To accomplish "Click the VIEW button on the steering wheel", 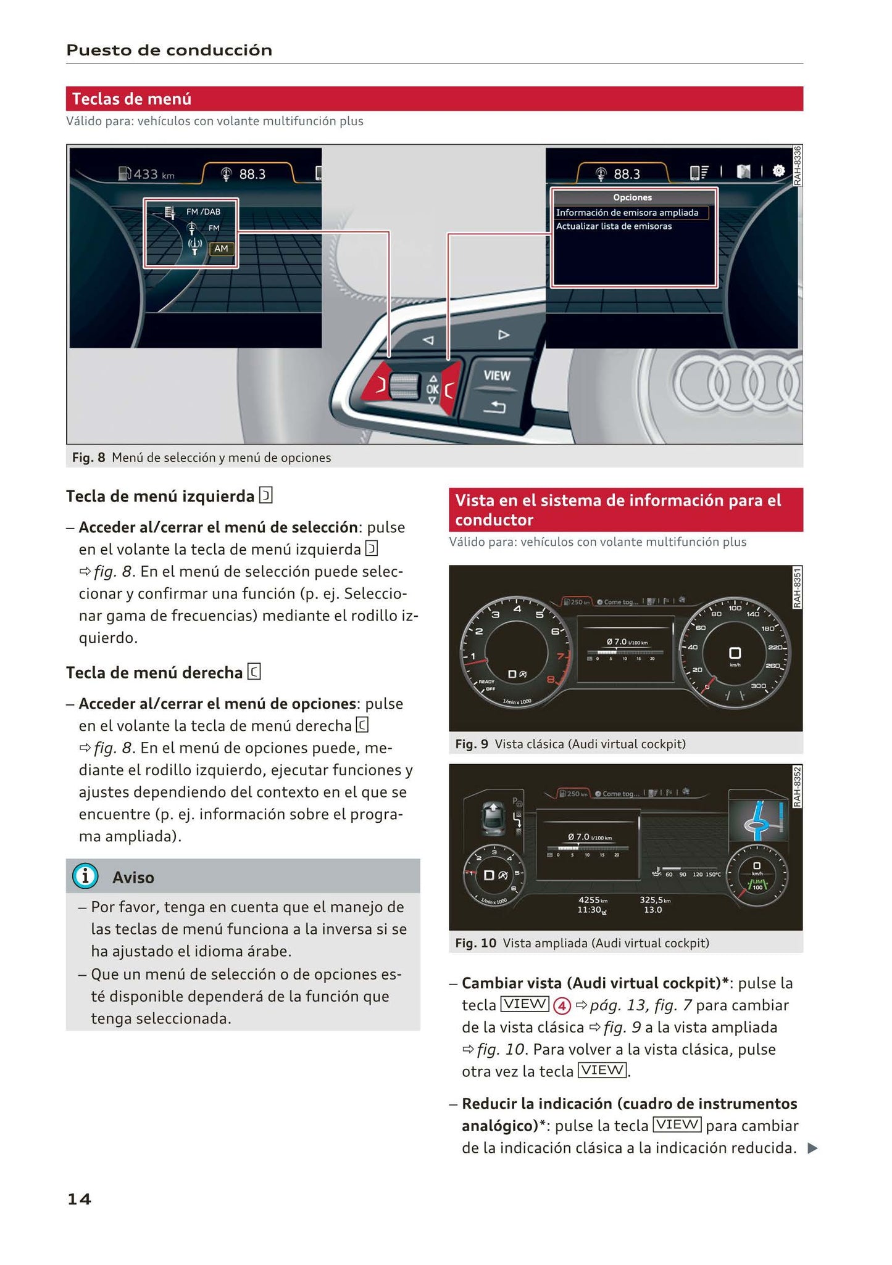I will pos(497,375).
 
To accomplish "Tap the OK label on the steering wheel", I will pos(432,389).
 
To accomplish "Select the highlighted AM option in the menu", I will pos(221,249).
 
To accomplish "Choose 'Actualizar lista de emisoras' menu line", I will pos(614,226).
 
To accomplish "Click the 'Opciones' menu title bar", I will pos(632,197).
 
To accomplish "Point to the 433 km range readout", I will pos(147,174).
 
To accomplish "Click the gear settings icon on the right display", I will pos(779,171).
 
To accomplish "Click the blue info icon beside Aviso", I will pos(85,876).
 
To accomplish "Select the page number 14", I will pos(79,1198).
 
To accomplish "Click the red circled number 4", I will pos(562,1006).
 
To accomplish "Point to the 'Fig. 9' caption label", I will pos(471,744).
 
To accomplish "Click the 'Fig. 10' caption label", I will pos(475,943).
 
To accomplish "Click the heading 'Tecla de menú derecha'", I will pos(154,672).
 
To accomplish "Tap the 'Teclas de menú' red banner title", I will pos(131,99).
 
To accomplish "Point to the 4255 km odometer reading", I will pos(592,900).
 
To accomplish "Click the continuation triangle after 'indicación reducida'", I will pos(812,1148).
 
